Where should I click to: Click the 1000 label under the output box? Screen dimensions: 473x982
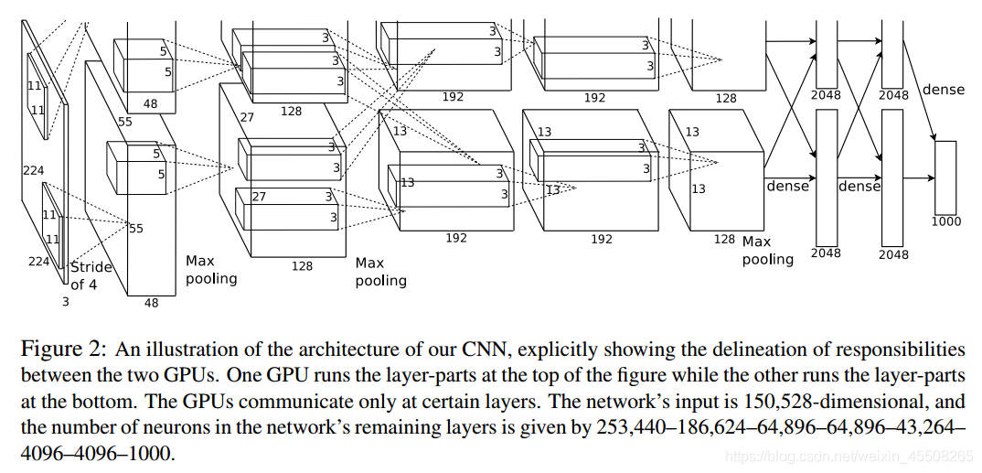coord(945,222)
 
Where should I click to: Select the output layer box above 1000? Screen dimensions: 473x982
coord(945,177)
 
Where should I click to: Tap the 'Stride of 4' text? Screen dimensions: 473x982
coord(91,275)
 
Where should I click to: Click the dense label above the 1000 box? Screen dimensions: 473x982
coord(944,90)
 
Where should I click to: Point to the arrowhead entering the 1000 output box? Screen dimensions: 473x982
coord(933,140)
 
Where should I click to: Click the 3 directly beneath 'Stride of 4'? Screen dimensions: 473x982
coord(65,300)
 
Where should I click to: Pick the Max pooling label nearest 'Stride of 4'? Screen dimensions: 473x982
coord(211,269)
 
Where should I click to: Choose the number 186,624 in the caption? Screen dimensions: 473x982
coord(725,427)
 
